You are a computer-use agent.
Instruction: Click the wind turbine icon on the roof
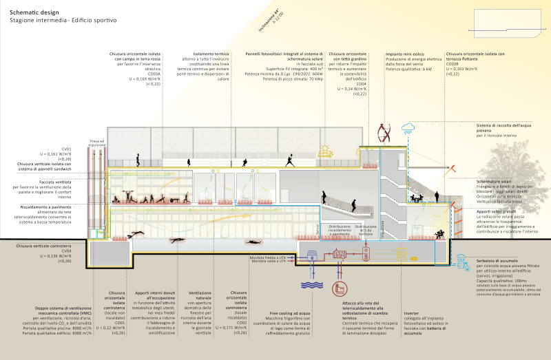(389, 130)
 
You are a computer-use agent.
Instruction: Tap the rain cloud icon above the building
(409, 127)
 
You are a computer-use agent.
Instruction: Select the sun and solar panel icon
(322, 151)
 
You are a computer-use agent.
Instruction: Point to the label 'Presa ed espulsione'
(99, 143)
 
